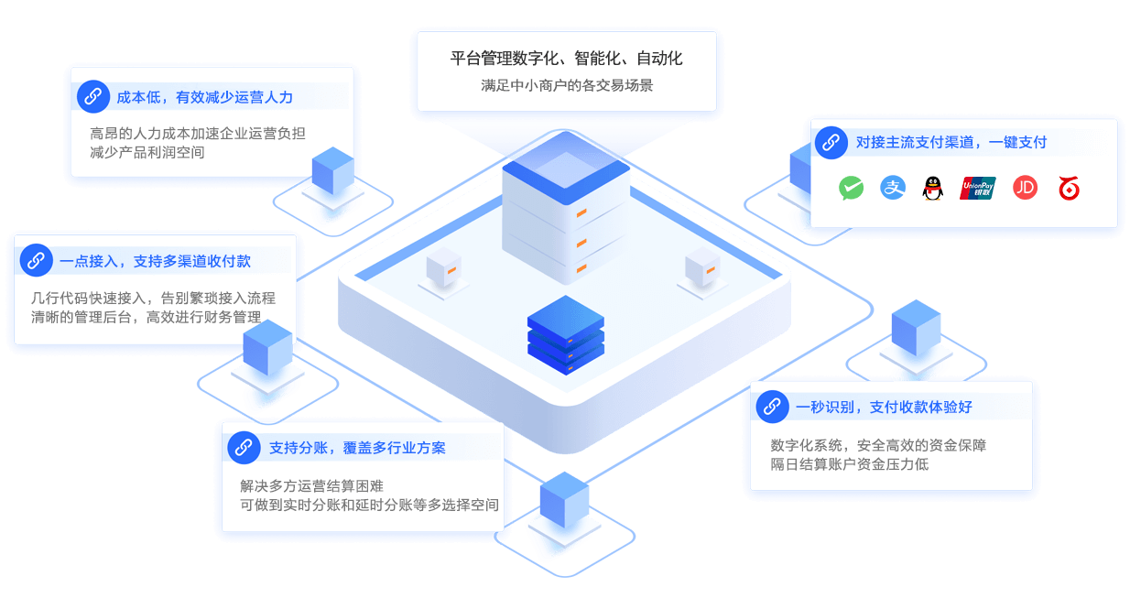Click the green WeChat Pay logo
pyautogui.click(x=852, y=188)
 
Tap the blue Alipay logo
pyautogui.click(x=892, y=188)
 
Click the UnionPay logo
pyautogui.click(x=977, y=188)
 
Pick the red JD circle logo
pyautogui.click(x=1026, y=188)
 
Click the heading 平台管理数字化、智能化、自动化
pyautogui.click(x=567, y=59)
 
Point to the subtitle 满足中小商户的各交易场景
pyautogui.click(x=567, y=86)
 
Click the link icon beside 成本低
pyautogui.click(x=92, y=95)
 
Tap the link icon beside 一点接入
pyautogui.click(x=36, y=260)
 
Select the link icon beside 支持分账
pyautogui.click(x=244, y=448)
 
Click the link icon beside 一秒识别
pyautogui.click(x=772, y=407)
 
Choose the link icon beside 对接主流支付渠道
pyautogui.click(x=831, y=142)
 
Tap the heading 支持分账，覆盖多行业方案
pyautogui.click(x=358, y=448)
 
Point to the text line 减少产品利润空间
pyautogui.click(x=147, y=152)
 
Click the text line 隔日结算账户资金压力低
pyautogui.click(x=850, y=464)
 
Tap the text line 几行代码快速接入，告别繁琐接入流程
pyautogui.click(x=153, y=298)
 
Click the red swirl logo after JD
pyautogui.click(x=1069, y=188)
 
